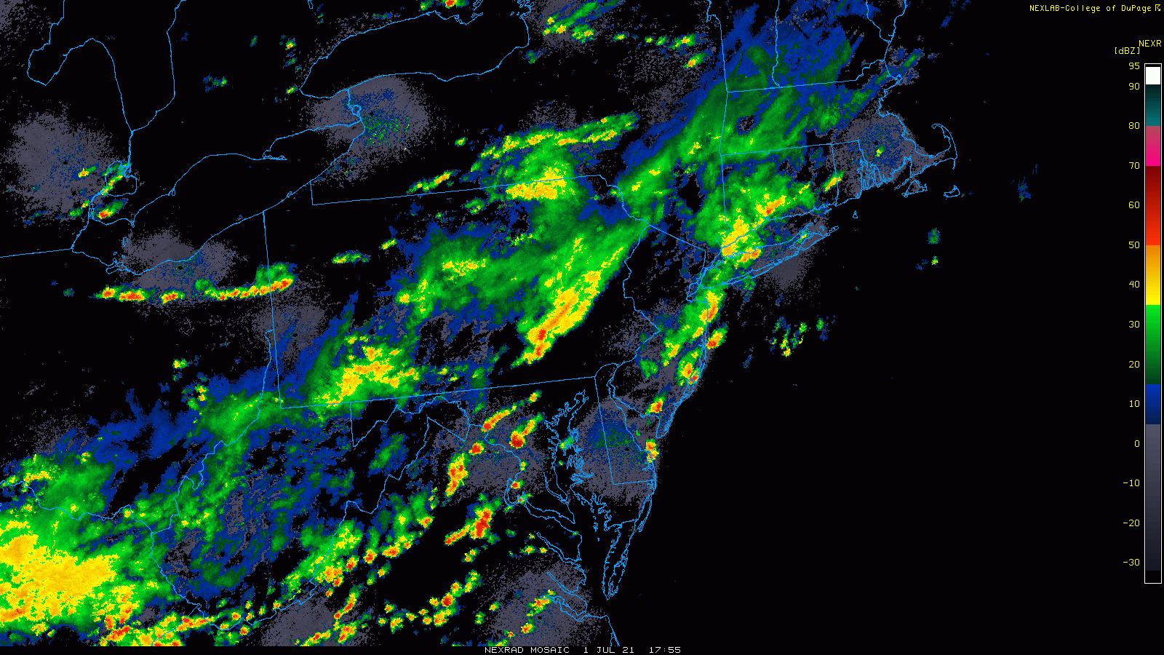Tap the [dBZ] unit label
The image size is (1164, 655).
tap(1127, 51)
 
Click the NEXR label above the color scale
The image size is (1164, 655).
tap(1150, 44)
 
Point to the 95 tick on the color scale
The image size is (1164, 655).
tap(1134, 66)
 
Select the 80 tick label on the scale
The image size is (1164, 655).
tap(1134, 126)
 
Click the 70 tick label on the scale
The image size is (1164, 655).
tap(1134, 166)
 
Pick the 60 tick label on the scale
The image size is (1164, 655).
tap(1134, 205)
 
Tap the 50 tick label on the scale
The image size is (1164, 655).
tap(1134, 245)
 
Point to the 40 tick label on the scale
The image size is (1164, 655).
tap(1134, 285)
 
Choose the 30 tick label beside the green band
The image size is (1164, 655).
tap(1134, 325)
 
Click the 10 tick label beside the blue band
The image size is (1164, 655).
tap(1134, 404)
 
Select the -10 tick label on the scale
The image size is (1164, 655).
tap(1131, 483)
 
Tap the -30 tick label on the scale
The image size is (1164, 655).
tap(1131, 563)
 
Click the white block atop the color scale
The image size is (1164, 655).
tap(1153, 76)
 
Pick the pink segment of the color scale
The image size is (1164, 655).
tap(1153, 146)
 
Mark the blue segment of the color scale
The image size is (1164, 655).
tap(1153, 404)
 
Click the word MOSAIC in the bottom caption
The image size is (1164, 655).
tap(550, 650)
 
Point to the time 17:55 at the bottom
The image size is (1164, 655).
tap(664, 650)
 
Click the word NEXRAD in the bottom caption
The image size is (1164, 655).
tap(505, 650)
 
